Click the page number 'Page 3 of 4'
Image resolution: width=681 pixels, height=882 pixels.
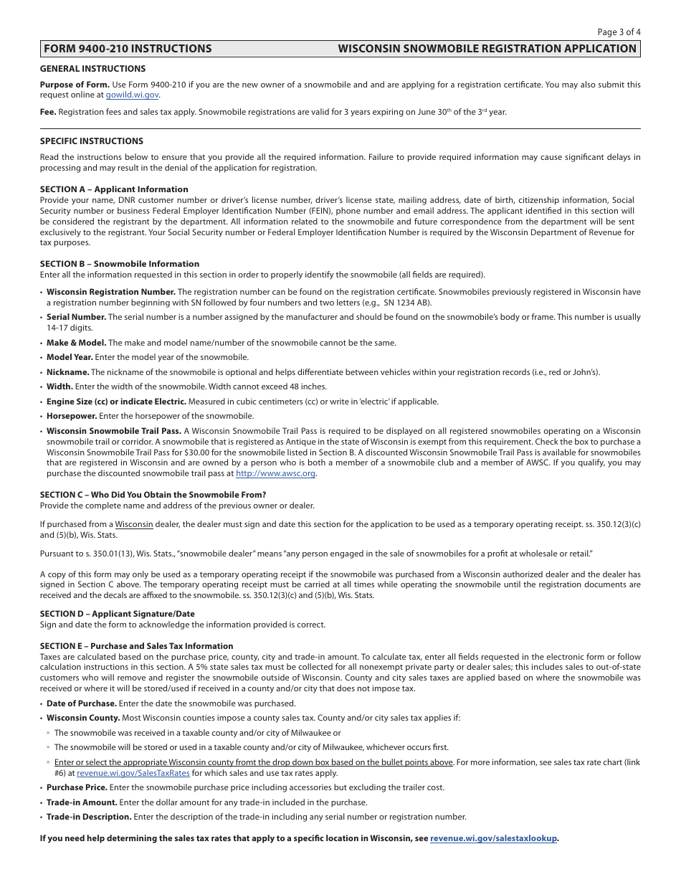[619, 32]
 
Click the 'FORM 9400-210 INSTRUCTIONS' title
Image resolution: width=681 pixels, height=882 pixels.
[128, 49]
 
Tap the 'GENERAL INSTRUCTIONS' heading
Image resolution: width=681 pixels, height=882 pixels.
[92, 69]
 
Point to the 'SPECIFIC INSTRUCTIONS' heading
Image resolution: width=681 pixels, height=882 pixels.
[91, 141]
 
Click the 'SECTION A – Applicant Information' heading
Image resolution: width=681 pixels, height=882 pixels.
[114, 189]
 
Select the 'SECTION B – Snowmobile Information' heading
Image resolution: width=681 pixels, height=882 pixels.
[119, 264]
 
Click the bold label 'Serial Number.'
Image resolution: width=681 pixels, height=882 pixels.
[76, 317]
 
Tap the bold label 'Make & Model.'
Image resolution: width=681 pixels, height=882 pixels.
[76, 343]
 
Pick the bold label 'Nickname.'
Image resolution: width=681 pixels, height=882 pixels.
[67, 372]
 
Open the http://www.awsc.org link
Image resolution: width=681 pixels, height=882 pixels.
[275, 473]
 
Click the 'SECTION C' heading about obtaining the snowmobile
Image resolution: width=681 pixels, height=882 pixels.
[153, 495]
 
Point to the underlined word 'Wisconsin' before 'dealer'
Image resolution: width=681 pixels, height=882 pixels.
[134, 524]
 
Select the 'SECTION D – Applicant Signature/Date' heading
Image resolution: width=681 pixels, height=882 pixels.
[117, 614]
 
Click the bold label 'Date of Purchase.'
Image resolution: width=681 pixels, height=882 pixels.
[81, 703]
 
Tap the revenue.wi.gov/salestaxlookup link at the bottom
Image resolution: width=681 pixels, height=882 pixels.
[493, 838]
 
